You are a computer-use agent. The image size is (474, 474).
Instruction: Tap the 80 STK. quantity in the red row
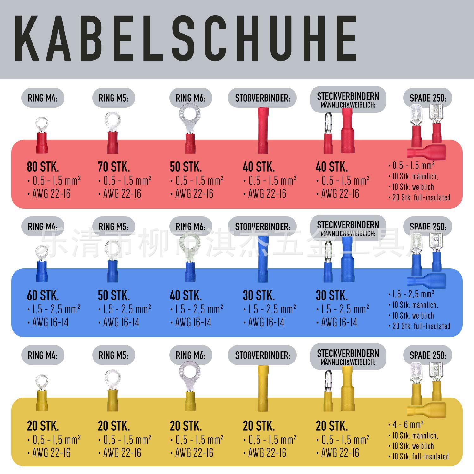click(43, 167)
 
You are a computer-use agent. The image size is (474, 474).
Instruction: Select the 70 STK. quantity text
click(114, 167)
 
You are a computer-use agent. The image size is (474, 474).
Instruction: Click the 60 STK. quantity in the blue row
click(43, 295)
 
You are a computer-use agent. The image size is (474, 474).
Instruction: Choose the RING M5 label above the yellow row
click(113, 355)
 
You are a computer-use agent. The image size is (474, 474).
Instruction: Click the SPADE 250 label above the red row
click(428, 98)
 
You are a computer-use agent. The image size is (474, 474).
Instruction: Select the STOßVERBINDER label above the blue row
click(262, 227)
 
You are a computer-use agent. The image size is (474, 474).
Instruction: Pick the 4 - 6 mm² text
click(408, 424)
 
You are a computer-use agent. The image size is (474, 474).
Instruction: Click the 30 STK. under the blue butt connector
click(259, 295)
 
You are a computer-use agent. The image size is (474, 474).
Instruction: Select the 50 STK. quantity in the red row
click(186, 167)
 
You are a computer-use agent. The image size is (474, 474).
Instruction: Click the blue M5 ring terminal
click(112, 262)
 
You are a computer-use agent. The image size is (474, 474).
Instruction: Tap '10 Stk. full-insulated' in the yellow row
click(420, 457)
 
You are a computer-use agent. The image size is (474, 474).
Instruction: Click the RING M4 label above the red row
click(43, 98)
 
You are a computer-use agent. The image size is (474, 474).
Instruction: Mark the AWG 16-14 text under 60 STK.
click(51, 323)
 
